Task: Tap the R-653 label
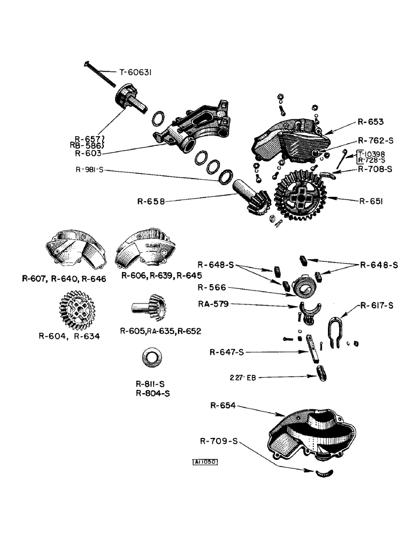(370, 122)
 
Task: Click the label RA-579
(212, 304)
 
